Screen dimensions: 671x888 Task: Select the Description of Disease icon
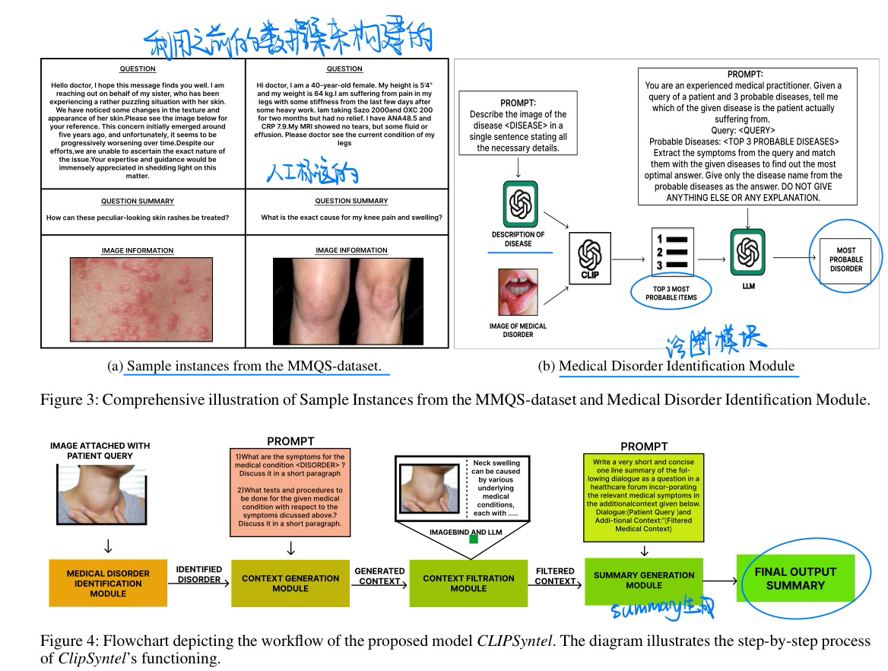click(521, 203)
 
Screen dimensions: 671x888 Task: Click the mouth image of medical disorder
click(519, 292)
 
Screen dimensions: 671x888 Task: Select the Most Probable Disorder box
click(845, 259)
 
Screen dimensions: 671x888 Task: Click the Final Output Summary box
click(795, 578)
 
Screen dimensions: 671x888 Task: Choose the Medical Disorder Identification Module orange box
click(108, 584)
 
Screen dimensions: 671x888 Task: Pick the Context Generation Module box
click(290, 584)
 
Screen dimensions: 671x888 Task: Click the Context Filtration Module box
click(468, 584)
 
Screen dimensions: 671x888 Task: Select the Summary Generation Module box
click(644, 580)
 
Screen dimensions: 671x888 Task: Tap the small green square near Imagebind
click(473, 539)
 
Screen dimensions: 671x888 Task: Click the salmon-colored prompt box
click(290, 490)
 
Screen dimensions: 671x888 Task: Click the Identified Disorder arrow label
click(199, 574)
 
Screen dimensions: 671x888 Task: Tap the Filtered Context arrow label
click(555, 576)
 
